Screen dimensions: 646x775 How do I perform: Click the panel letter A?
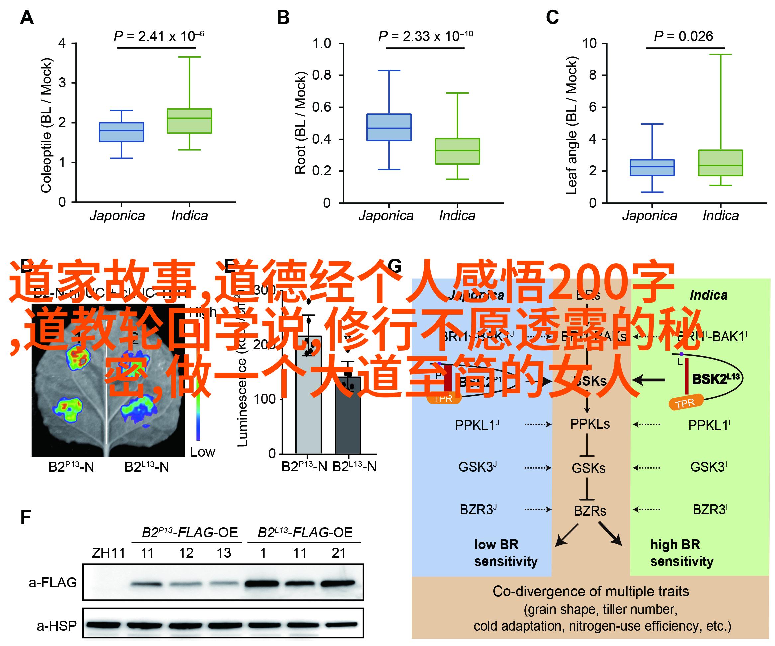(x=27, y=18)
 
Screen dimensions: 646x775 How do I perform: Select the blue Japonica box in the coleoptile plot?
(x=122, y=132)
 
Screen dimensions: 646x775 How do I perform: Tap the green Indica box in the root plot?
(x=457, y=151)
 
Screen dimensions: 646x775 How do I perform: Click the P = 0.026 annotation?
(x=683, y=36)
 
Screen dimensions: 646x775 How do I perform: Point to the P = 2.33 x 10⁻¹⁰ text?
(x=425, y=36)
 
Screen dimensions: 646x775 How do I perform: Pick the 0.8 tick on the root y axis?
(x=322, y=75)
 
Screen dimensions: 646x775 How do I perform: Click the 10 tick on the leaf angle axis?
(x=589, y=44)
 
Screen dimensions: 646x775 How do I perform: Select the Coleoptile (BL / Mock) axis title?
(x=47, y=126)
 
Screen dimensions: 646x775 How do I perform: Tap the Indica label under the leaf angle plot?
(x=721, y=216)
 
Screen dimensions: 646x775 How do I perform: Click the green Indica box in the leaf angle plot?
(x=721, y=163)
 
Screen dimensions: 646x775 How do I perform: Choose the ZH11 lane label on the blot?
(x=109, y=553)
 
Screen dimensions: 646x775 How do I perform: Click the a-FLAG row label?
(x=53, y=583)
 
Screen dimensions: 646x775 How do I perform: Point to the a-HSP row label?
(x=56, y=626)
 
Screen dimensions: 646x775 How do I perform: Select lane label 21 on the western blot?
(x=339, y=553)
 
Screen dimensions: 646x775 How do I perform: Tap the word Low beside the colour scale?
(x=202, y=452)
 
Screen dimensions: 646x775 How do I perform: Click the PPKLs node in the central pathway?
(x=590, y=424)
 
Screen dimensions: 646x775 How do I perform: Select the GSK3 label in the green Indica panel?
(x=709, y=467)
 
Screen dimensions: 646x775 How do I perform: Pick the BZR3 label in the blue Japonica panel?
(x=478, y=510)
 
